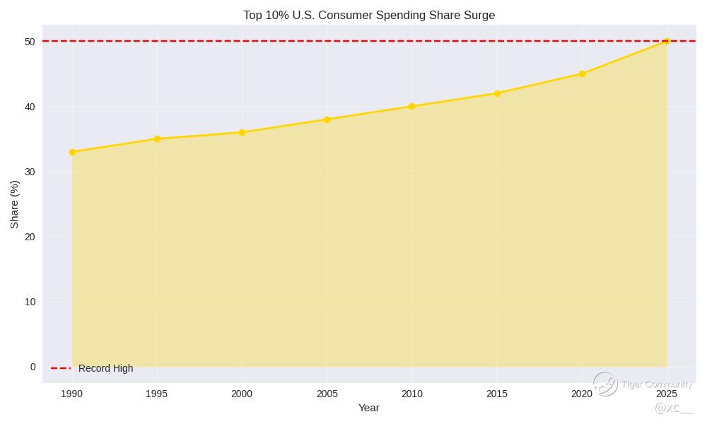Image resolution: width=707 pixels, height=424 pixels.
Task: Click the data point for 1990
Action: click(x=72, y=152)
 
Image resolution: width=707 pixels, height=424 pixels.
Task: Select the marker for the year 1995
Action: click(x=157, y=139)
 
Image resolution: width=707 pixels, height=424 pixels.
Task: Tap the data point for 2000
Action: click(x=242, y=132)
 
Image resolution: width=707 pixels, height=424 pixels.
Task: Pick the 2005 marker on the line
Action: click(x=327, y=119)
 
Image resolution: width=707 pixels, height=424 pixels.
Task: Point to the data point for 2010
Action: click(x=411, y=107)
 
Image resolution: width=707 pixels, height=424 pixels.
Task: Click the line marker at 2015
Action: click(x=497, y=93)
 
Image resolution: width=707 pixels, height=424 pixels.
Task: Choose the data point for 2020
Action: click(x=582, y=73)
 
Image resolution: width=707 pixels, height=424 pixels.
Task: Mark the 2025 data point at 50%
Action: click(x=667, y=41)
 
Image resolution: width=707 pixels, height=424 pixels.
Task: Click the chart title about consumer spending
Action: click(x=369, y=16)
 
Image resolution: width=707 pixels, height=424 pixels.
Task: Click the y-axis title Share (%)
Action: click(x=15, y=204)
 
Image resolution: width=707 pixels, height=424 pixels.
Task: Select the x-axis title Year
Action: click(x=369, y=408)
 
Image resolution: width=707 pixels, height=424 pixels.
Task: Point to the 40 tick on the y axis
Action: click(x=30, y=107)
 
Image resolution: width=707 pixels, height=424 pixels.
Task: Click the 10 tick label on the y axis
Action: click(x=30, y=302)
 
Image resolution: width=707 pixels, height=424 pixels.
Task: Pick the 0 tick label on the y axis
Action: click(x=33, y=367)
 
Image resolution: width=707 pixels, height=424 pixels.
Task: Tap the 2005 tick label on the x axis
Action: click(x=327, y=394)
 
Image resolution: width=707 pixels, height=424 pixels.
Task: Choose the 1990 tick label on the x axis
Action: click(x=72, y=394)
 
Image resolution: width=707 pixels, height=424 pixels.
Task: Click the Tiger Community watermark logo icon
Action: click(x=605, y=384)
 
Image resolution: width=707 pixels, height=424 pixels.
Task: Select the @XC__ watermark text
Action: click(x=674, y=408)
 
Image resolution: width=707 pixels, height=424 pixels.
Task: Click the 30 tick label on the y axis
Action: click(x=30, y=172)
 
